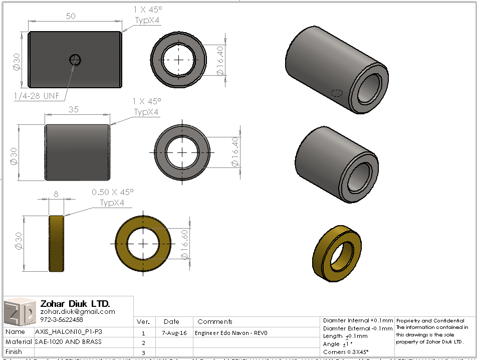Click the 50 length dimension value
(x=71, y=16)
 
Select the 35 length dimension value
(x=73, y=110)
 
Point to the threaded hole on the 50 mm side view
(x=75, y=60)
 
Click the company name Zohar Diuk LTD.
(x=75, y=304)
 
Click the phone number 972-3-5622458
(x=62, y=319)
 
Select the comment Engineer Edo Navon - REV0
(x=231, y=332)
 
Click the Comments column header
(x=215, y=321)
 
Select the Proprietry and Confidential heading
(x=429, y=320)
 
